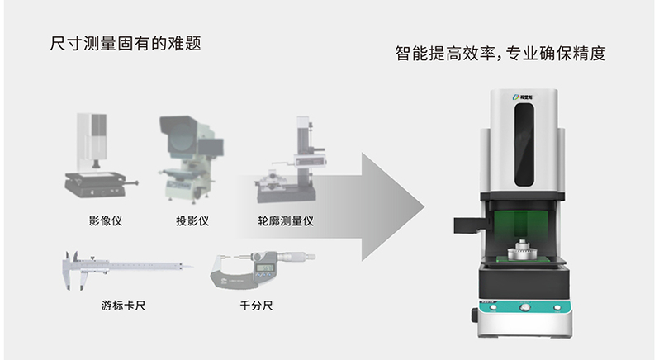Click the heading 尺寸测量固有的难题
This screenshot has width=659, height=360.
click(126, 43)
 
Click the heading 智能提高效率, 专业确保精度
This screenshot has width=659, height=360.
click(500, 54)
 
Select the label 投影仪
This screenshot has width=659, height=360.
click(192, 221)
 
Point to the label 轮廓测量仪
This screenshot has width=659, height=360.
click(285, 221)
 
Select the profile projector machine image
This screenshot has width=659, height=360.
click(187, 162)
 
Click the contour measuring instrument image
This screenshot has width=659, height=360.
click(288, 165)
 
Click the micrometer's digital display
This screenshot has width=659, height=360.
click(265, 267)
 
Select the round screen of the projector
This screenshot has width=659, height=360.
click(187, 150)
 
